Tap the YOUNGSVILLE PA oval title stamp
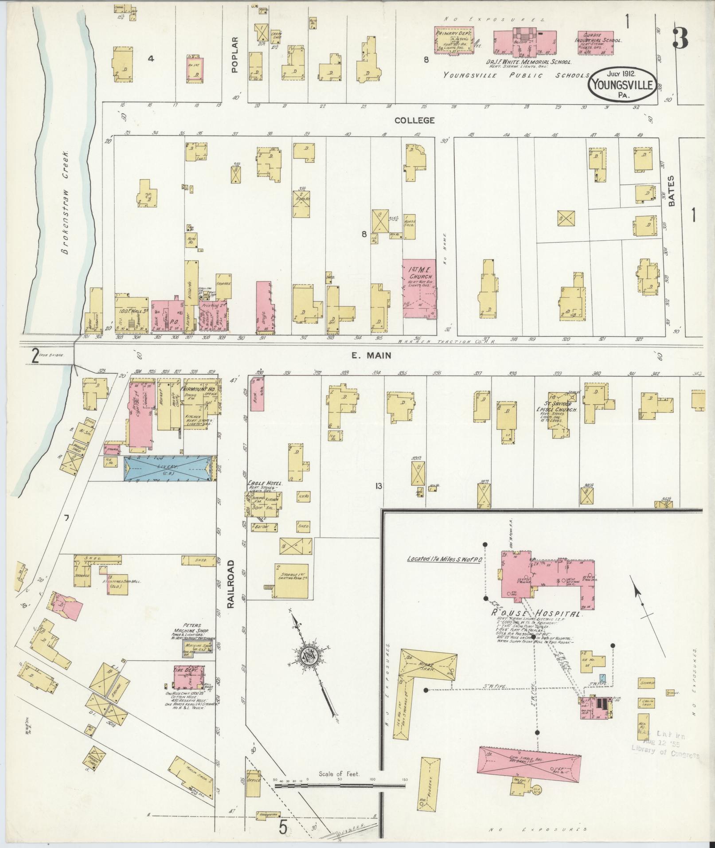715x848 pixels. point(622,83)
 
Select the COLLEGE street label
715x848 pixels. point(414,120)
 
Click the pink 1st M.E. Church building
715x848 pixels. point(419,289)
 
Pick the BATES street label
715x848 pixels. point(671,191)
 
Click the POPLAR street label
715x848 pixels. point(235,54)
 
